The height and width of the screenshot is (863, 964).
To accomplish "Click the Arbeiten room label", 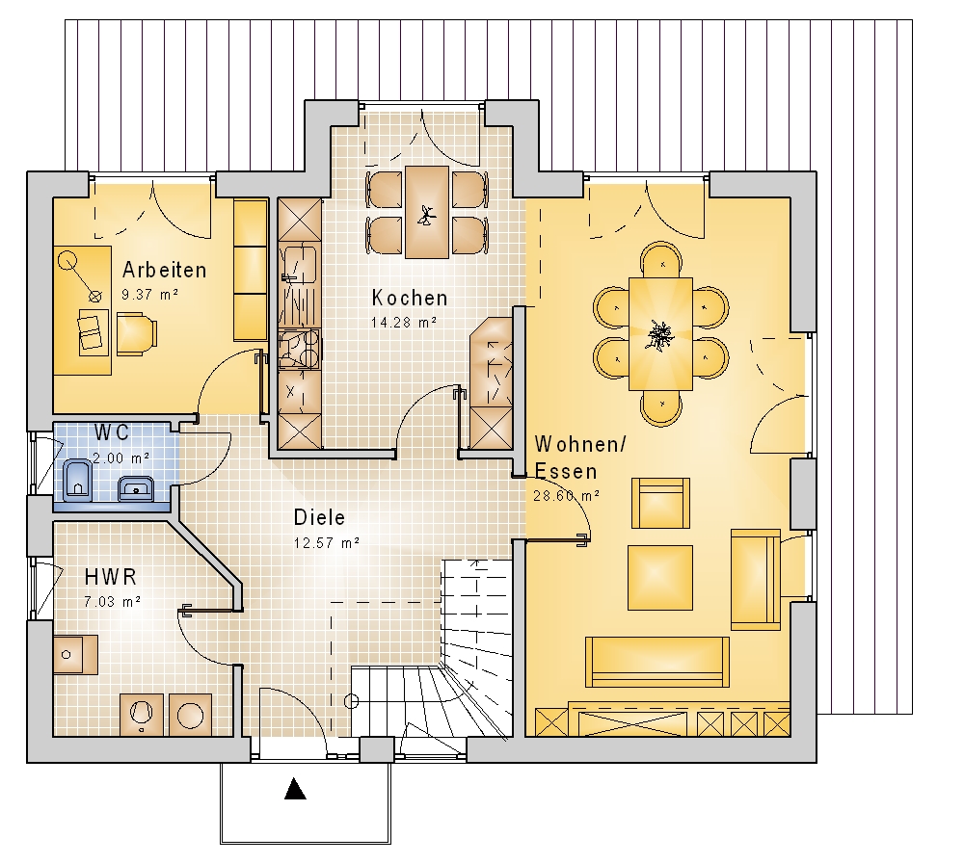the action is click(164, 270).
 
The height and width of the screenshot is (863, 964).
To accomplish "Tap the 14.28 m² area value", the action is click(404, 322).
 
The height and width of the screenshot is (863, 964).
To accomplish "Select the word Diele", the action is click(319, 517).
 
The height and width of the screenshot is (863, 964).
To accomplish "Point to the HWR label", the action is click(111, 577).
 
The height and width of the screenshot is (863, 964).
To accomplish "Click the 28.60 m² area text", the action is click(566, 495).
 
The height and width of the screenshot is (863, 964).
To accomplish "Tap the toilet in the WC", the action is click(77, 480).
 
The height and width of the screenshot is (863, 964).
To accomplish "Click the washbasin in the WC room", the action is click(135, 487).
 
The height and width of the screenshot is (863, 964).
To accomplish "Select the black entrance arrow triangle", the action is click(295, 789).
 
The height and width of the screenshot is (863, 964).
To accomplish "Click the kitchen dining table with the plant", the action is click(426, 212).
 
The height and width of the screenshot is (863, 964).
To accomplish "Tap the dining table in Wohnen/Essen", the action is click(660, 334).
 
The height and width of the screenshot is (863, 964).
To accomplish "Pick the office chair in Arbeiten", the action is click(137, 333).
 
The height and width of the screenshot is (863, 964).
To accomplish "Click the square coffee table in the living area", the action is click(660, 577).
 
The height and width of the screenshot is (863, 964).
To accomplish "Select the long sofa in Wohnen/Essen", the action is click(657, 662).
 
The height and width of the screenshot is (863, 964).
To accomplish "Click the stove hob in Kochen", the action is click(300, 349).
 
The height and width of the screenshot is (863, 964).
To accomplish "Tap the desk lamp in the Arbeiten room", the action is click(79, 276).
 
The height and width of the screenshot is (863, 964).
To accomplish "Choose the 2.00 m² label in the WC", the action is click(121, 458).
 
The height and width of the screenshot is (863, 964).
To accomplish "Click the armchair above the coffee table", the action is click(660, 503).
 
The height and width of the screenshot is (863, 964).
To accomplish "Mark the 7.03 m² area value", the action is click(113, 601).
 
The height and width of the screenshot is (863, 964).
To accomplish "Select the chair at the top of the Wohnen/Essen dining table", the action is click(661, 259).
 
